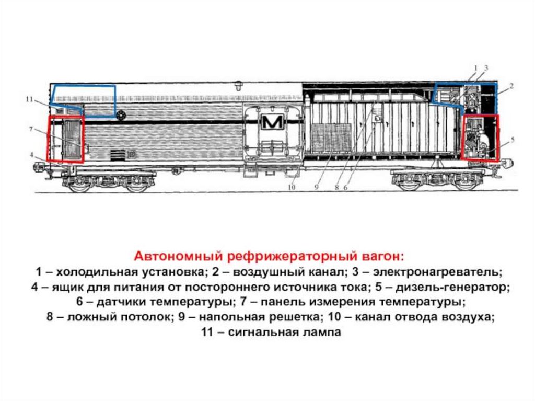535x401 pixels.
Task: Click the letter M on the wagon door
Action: tap(272, 122)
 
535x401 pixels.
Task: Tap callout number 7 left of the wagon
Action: tap(31, 128)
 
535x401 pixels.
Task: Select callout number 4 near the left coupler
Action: tap(32, 155)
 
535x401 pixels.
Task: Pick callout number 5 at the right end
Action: tap(513, 140)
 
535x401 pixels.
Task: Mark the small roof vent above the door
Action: tap(238, 84)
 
